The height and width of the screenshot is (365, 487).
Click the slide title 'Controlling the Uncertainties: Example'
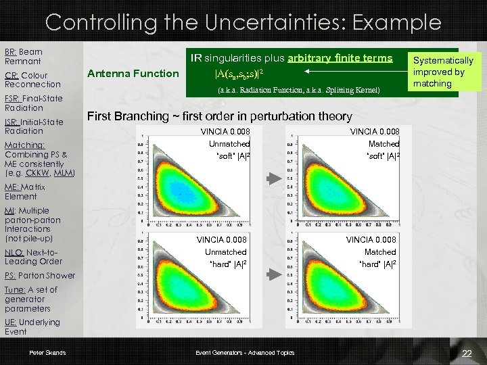(243, 22)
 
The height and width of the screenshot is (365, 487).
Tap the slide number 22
(465, 354)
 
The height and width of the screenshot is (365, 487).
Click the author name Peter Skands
(47, 353)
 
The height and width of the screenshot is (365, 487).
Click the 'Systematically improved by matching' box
(444, 72)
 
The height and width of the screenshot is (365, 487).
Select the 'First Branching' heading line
(219, 116)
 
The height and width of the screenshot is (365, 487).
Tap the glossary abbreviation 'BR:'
(10, 51)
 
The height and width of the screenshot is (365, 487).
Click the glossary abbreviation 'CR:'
(11, 75)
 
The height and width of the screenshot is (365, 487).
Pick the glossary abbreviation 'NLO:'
(14, 251)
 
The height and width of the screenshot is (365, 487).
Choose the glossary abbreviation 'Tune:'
(16, 289)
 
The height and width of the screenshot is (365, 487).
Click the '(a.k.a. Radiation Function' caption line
(298, 90)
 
